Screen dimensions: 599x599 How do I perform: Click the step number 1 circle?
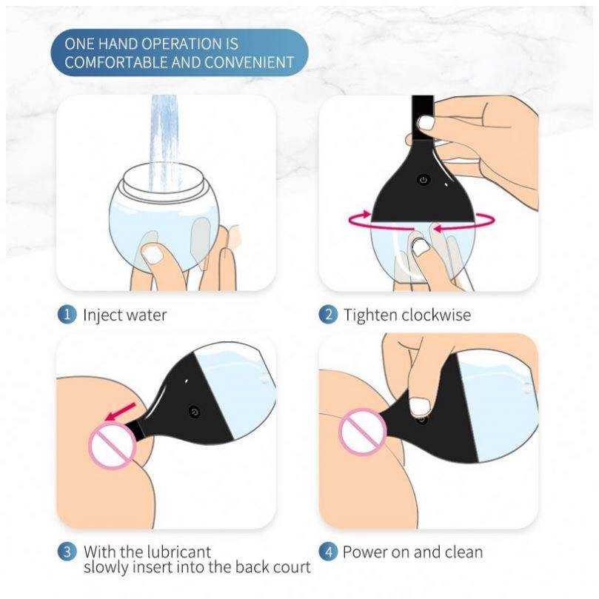67,315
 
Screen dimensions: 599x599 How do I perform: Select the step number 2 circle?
328,315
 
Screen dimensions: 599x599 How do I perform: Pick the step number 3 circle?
67,552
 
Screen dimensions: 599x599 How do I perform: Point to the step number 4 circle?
328,552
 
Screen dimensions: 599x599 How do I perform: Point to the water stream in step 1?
164,142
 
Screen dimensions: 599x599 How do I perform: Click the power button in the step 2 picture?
424,180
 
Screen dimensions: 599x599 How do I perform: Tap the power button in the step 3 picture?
195,412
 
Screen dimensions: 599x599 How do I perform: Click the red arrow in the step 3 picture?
121,412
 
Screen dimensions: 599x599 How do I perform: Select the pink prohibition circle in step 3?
113,446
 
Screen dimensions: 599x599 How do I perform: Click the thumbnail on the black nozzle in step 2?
426,123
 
